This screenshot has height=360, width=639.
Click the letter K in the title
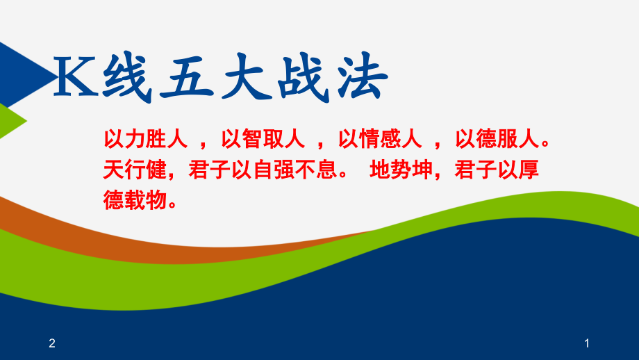click(76, 76)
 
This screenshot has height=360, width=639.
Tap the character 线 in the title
click(126, 77)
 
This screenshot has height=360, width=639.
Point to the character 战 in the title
click(304, 77)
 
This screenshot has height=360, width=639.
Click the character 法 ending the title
click(363, 76)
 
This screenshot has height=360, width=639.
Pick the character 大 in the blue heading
click(247, 77)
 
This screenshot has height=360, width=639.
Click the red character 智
click(253, 138)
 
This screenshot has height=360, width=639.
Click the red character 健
click(156, 170)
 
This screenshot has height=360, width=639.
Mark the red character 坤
click(422, 170)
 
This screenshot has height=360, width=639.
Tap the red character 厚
click(529, 170)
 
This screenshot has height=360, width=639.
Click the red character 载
click(135, 200)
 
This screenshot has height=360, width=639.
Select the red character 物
click(156, 200)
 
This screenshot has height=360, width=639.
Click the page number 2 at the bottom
click(52, 343)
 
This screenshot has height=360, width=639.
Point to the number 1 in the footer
click(587, 343)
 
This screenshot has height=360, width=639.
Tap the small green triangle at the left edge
click(10, 121)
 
